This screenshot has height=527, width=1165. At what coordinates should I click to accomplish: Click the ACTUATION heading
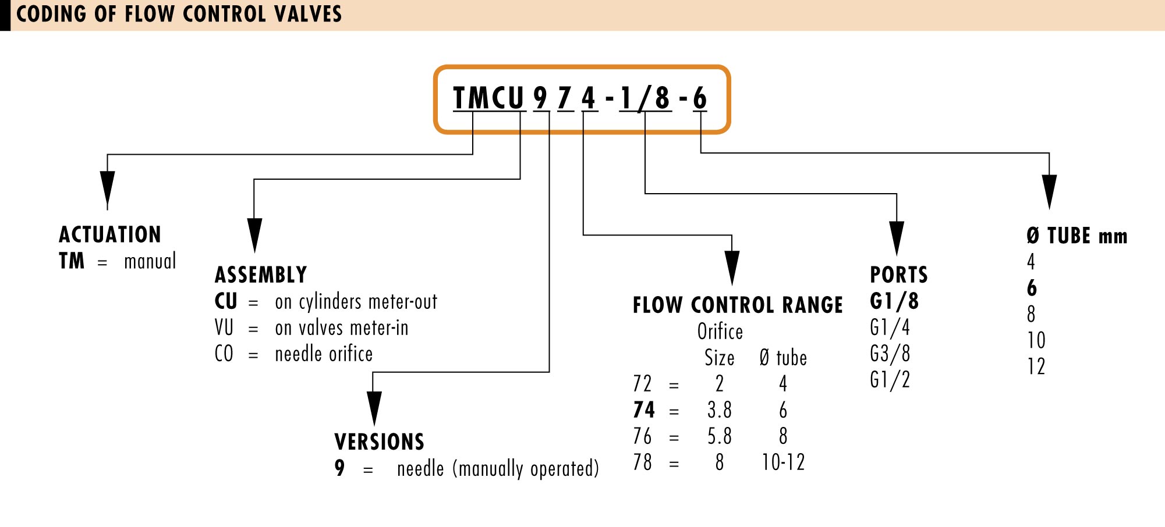tap(110, 234)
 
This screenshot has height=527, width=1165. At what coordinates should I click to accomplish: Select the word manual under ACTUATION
tap(150, 261)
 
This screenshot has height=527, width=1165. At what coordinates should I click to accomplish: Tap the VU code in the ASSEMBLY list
tap(224, 327)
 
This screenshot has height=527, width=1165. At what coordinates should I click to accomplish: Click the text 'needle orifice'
tap(324, 354)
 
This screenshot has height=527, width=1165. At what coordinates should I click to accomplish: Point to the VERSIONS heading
tap(380, 442)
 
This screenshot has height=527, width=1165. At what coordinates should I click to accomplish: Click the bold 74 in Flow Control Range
tap(644, 410)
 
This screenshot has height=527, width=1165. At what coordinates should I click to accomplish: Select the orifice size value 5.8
tap(720, 436)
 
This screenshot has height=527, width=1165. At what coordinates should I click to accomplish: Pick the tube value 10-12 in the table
tap(784, 462)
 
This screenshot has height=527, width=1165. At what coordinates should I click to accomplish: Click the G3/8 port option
tap(890, 354)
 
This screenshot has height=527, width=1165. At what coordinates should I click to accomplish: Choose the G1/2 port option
tap(890, 380)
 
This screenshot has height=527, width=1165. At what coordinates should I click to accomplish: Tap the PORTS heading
tap(899, 275)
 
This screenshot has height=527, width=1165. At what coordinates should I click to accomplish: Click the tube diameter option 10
tap(1036, 340)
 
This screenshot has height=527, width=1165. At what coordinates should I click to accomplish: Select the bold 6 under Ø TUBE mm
tap(1032, 288)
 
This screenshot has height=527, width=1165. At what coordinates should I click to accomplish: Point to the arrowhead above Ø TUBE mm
tap(1049, 191)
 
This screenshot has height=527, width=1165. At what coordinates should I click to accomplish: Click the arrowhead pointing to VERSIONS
tap(374, 408)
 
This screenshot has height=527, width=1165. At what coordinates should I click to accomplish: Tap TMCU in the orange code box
tap(488, 98)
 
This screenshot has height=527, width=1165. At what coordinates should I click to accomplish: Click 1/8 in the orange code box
tap(645, 98)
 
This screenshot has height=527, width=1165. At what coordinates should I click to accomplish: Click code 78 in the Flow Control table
tap(643, 462)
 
